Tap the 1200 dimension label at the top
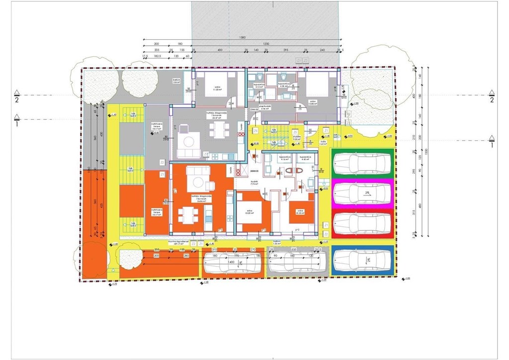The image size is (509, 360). click(x=266, y=44)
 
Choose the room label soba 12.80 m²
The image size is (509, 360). click(x=313, y=103)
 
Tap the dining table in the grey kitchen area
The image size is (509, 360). click(x=217, y=131)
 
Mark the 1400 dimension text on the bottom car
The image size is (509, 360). click(x=231, y=261)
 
